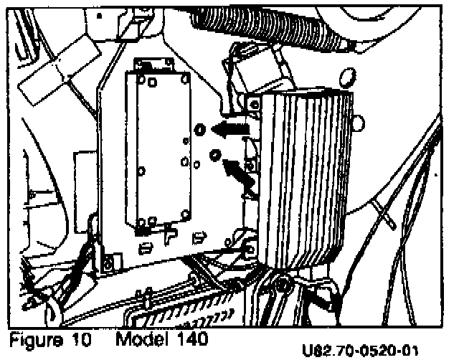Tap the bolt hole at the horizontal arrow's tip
tap(201, 129)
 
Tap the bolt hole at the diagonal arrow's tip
tap(214, 155)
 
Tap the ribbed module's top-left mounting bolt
tap(253, 104)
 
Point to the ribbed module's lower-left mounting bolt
tap(250, 248)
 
